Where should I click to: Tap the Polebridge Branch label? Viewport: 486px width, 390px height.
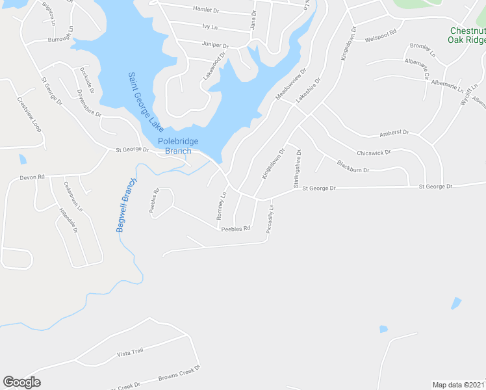click(x=178, y=146)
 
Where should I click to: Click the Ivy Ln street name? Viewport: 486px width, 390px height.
click(x=209, y=27)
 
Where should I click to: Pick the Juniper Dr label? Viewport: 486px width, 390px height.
click(x=216, y=45)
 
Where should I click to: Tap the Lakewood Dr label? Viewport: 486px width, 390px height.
click(x=214, y=66)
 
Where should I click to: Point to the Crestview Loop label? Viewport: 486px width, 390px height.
click(x=29, y=115)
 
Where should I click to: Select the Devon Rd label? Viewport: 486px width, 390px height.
click(x=32, y=177)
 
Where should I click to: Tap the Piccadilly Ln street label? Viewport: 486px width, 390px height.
click(x=270, y=219)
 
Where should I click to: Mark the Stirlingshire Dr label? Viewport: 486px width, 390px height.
click(x=298, y=169)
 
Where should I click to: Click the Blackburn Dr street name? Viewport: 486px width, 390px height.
click(x=353, y=166)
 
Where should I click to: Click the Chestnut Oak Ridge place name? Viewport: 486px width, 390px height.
click(x=467, y=35)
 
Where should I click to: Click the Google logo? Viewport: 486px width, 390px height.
click(x=21, y=382)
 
